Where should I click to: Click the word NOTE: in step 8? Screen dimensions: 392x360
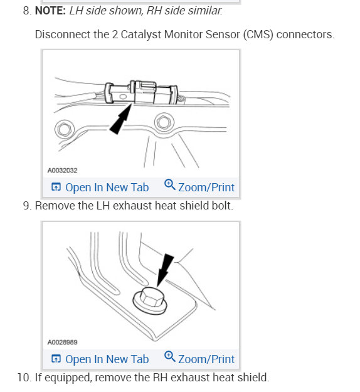[50, 11]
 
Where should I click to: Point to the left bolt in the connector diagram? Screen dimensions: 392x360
[64, 130]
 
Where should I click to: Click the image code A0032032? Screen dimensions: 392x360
[63, 170]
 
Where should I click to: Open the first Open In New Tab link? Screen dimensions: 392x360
[107, 187]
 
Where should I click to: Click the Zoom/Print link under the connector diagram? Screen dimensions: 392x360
[206, 187]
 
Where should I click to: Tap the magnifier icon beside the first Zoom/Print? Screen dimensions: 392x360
[169, 186]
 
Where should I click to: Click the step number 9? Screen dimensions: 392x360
[26, 206]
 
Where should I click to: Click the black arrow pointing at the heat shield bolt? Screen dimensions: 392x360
[165, 268]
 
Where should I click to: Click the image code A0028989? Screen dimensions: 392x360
[63, 342]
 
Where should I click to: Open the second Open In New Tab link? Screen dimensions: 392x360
[107, 359]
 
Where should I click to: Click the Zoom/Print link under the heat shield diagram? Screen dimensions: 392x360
[206, 359]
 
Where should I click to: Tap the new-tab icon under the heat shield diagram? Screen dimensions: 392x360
[56, 359]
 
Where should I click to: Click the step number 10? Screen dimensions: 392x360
[24, 378]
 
